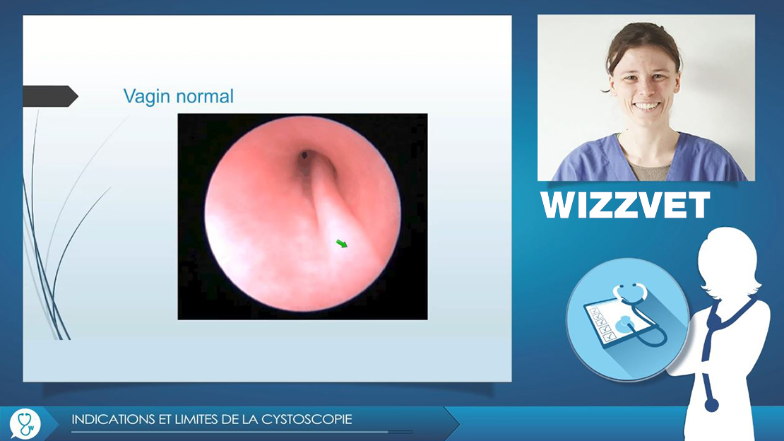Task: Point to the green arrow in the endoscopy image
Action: (x=342, y=243)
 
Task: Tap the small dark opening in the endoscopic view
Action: (x=304, y=155)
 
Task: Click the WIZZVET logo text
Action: (x=625, y=205)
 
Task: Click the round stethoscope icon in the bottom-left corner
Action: (x=25, y=423)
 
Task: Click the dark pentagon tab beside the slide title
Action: (x=50, y=96)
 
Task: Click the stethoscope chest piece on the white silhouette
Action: (x=711, y=404)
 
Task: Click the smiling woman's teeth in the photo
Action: (x=646, y=106)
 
